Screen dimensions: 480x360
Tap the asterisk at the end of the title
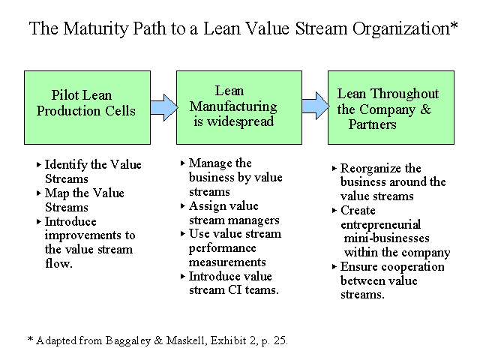coord(454,25)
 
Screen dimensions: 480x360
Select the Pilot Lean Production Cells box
coord(87,108)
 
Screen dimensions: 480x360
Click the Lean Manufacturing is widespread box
coord(239,108)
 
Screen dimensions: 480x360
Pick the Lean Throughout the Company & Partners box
coord(391,108)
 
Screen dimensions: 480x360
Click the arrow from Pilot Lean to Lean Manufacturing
coord(163,107)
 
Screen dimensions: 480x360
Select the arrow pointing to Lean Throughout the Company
coord(315,106)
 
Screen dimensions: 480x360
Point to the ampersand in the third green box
coord(425,109)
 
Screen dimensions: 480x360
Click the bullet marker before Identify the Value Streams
coord(38,165)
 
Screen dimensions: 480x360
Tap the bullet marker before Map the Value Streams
coord(38,193)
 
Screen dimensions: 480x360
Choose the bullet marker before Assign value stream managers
coord(183,206)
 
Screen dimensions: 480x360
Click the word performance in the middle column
coord(222,248)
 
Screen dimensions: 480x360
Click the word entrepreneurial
coord(380,225)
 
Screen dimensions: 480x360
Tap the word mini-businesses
coord(387,238)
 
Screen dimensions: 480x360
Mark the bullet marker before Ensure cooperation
coord(334,267)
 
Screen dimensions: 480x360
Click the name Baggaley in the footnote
coord(128,340)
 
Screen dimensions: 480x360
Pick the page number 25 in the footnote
coord(280,340)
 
